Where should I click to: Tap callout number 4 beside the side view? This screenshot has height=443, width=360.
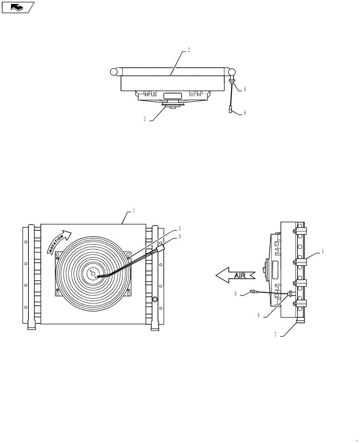pyautogui.click(x=322, y=251)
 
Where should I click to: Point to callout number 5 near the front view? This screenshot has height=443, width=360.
pyautogui.click(x=180, y=228)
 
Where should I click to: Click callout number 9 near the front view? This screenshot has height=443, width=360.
pyautogui.click(x=180, y=237)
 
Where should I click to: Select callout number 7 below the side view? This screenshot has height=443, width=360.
pyautogui.click(x=275, y=335)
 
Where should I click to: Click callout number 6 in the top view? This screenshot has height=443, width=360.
pyautogui.click(x=244, y=89)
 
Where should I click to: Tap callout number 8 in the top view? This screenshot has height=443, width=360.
pyautogui.click(x=244, y=113)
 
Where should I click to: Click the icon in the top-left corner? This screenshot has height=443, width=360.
pyautogui.click(x=18, y=7)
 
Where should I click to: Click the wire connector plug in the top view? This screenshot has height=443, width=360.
pyautogui.click(x=231, y=111)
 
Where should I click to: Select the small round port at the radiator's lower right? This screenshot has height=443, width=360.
pyautogui.click(x=155, y=299)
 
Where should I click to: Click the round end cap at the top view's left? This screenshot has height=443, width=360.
pyautogui.click(x=114, y=72)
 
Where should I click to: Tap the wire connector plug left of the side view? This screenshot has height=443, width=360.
pyautogui.click(x=254, y=291)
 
